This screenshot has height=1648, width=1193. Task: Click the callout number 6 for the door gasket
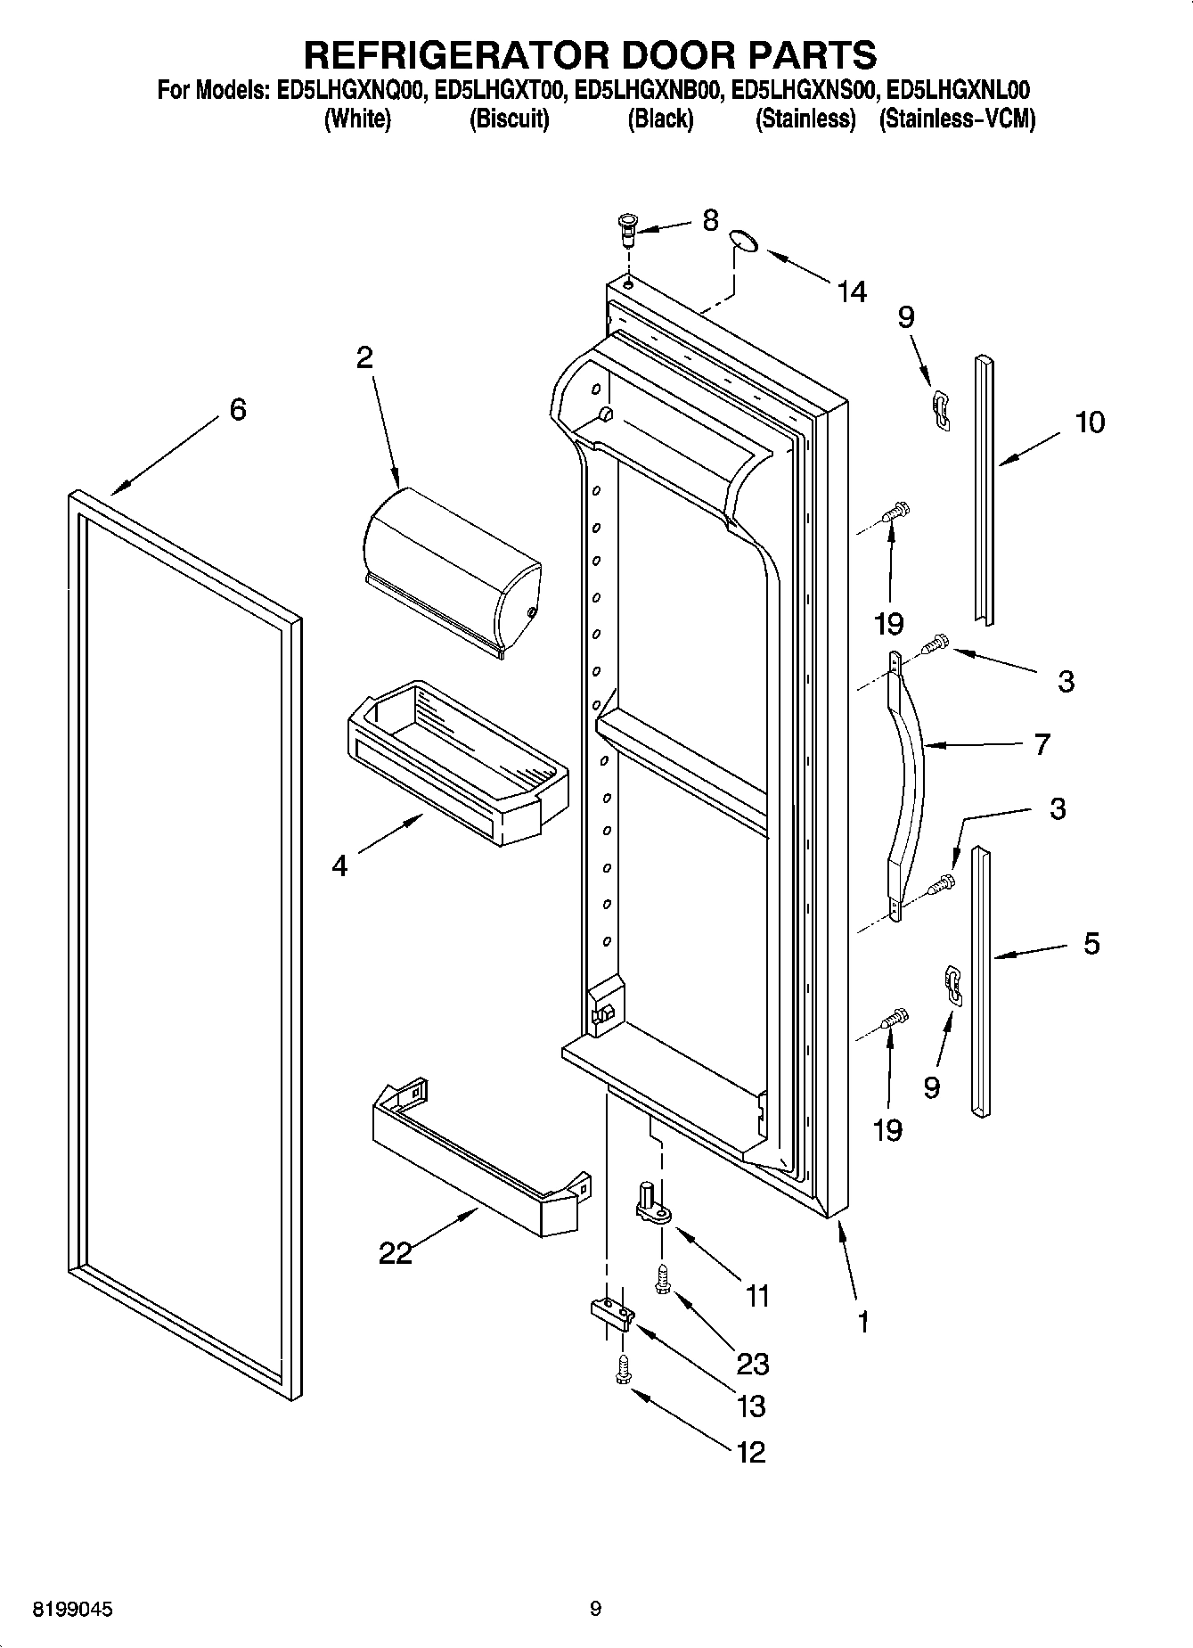tap(237, 409)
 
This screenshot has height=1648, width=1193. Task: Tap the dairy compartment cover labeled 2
tap(450, 570)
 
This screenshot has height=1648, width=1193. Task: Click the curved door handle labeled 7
tap(907, 784)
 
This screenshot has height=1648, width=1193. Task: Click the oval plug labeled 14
tap(745, 241)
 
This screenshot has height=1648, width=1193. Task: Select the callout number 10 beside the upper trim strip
tap(1089, 422)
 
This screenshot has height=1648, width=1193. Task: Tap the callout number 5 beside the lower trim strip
tap(1091, 943)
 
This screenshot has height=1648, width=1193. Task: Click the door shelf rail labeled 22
tap(472, 1159)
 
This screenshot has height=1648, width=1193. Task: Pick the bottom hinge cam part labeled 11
tap(653, 1200)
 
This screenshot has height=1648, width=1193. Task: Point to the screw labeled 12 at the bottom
tap(622, 1370)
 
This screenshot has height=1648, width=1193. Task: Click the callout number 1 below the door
tap(862, 1322)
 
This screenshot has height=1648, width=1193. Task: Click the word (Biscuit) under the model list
tap(509, 119)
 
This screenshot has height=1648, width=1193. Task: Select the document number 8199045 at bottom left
tap(73, 1609)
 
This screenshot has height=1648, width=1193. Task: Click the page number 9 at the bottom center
tap(595, 1609)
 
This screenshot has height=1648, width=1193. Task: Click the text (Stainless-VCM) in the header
tap(957, 119)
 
